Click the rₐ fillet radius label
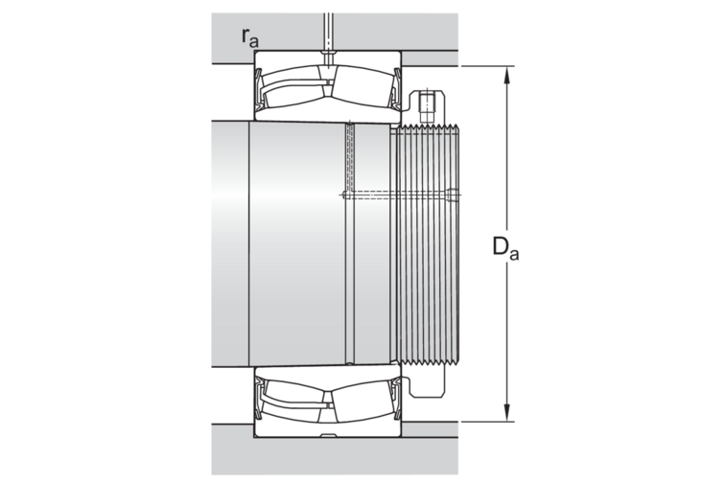pos(249,38)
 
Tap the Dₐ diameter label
pos(505,247)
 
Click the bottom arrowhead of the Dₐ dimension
pos(507,413)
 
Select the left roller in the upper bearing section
pos(292,87)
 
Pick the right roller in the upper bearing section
pos(362,87)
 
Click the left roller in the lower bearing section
pos(292,401)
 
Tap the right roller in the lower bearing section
pos(362,401)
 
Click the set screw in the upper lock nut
pos(428,106)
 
